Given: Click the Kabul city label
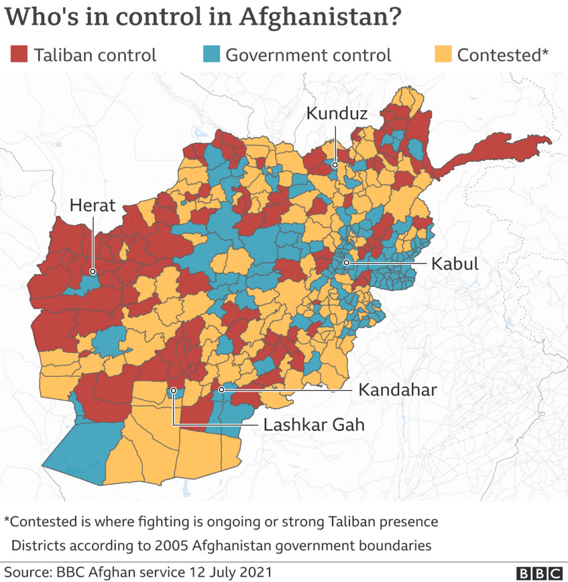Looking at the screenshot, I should click(455, 264).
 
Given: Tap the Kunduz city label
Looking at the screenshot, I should click(336, 113).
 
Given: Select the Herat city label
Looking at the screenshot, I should click(92, 205).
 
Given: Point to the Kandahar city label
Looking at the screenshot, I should click(397, 390).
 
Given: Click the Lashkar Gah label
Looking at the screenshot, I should click(314, 425).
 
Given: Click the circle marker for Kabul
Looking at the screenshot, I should click(346, 263).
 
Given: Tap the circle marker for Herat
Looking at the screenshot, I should click(92, 272).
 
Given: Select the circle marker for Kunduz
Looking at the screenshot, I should click(335, 165).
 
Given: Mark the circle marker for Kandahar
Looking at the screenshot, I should click(221, 390).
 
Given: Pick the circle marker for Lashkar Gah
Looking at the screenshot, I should click(173, 390).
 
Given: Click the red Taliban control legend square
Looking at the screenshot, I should click(19, 55).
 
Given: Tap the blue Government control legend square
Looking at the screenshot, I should click(211, 55).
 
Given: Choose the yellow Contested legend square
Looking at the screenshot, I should click(443, 55).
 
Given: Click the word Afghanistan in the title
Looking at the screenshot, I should click(316, 16).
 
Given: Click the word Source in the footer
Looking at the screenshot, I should click(26, 571).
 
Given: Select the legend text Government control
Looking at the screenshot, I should click(308, 55).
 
